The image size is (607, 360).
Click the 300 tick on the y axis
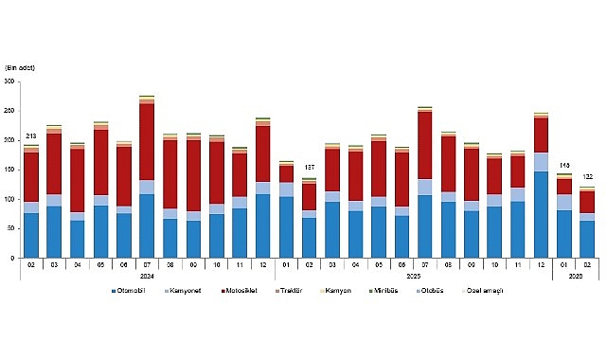coord(10,82)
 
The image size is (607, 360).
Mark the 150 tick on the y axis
coord(10,171)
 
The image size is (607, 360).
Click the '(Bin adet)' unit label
coord(21,68)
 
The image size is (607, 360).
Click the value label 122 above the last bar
coord(586,176)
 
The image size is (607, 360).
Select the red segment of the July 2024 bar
coord(147,142)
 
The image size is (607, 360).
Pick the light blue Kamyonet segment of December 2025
coord(541,162)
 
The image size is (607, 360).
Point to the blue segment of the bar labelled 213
coord(31,235)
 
